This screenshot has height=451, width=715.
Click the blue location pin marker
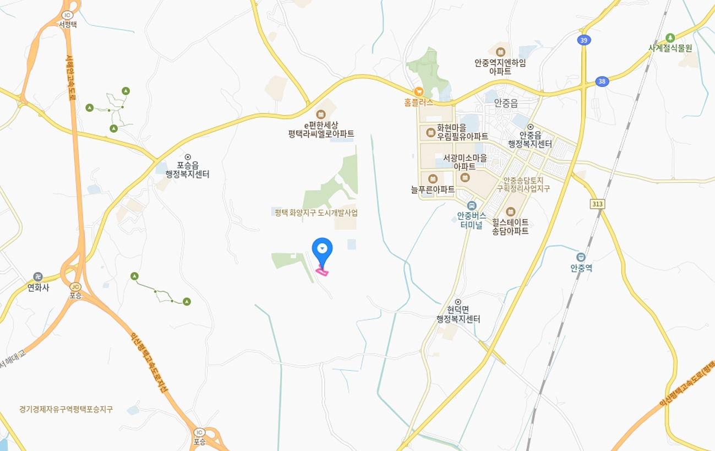pyautogui.click(x=322, y=251)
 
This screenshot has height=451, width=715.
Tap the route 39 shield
pyautogui.click(x=583, y=40)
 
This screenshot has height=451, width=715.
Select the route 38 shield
pyautogui.click(x=602, y=81)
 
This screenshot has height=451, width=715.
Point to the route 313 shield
pyautogui.click(x=597, y=204)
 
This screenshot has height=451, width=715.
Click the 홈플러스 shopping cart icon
pyautogui.click(x=418, y=92)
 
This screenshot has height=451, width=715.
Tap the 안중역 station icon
pyautogui.click(x=581, y=257)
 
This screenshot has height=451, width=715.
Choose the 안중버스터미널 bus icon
pyautogui.click(x=465, y=205)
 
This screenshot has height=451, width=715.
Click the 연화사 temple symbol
pyautogui.click(x=37, y=276)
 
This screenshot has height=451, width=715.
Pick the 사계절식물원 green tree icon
pyautogui.click(x=670, y=37)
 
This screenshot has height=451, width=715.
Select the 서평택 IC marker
pyautogui.click(x=68, y=15)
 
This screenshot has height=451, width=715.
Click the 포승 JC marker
pyautogui.click(x=75, y=286)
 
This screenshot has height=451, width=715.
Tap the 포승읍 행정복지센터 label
pyautogui.click(x=187, y=170)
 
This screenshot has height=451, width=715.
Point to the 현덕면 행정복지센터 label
pyautogui.click(x=458, y=314)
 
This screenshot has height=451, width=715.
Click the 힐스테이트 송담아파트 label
pyautogui.click(x=510, y=226)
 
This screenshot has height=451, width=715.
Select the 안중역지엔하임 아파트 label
pyautogui.click(x=500, y=67)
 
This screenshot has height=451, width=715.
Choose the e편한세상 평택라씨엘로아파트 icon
pyautogui.click(x=321, y=114)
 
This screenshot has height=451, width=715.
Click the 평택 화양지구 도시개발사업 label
pyautogui.click(x=316, y=213)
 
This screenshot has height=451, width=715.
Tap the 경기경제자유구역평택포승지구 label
pyautogui.click(x=66, y=409)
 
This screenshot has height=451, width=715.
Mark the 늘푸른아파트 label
pyautogui.click(x=433, y=189)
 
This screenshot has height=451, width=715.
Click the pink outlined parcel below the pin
pyautogui.click(x=323, y=270)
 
